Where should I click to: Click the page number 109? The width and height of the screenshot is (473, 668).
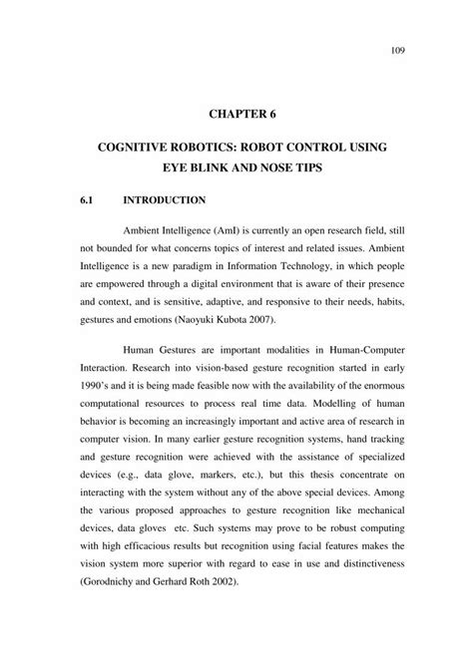[385, 47]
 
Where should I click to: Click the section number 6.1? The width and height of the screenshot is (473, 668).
[86, 200]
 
